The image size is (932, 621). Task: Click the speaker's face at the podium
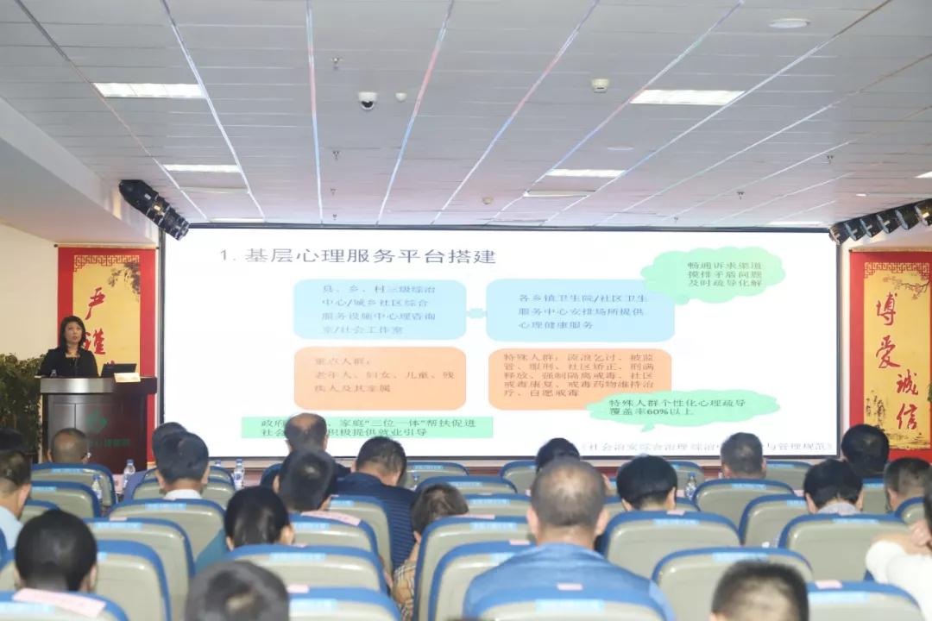coord(72,332)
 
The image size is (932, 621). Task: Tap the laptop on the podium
coord(117,370)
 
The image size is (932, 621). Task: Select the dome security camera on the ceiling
coord(368,100)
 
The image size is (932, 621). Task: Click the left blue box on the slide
coord(379,309)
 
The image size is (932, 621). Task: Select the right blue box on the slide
coord(580,310)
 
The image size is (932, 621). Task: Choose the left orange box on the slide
coord(379,377)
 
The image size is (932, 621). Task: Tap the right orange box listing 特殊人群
coord(580,377)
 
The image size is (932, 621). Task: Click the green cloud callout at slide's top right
coord(713,274)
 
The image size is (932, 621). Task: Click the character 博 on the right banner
coord(887,308)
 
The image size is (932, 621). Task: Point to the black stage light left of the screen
coord(154,208)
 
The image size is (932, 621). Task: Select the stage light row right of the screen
coord(880,221)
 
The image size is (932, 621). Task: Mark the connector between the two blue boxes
coord(475,313)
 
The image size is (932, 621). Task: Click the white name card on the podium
coord(126,377)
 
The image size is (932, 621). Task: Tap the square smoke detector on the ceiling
coord(599,85)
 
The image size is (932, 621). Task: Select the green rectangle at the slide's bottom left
coord(367,427)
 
